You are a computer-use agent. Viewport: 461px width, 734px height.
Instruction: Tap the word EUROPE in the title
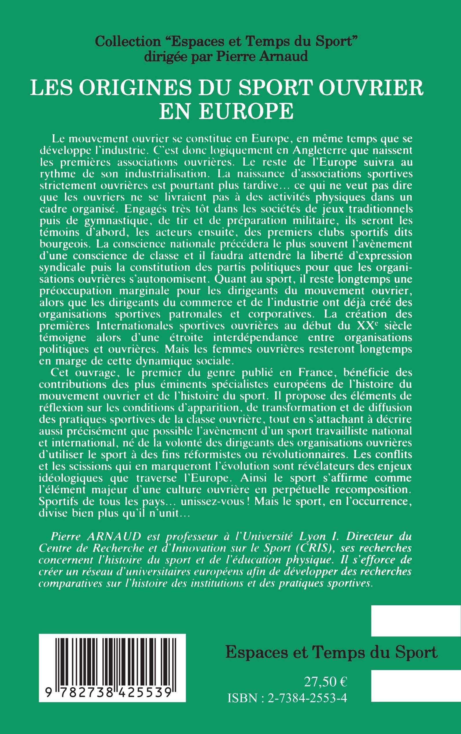point(246,111)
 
